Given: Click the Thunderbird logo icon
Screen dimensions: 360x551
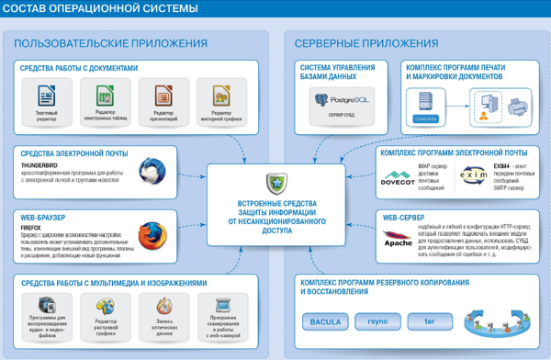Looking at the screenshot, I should click(152, 172).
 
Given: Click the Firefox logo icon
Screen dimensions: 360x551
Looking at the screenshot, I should click(152, 236).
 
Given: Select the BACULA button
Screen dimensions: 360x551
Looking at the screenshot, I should click(326, 322).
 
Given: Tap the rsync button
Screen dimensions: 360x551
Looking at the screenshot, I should click(377, 322).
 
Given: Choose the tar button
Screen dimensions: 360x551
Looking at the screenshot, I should click(428, 322).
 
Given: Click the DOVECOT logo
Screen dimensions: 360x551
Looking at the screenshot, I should click(398, 176).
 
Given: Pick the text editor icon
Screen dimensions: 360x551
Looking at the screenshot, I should click(47, 95).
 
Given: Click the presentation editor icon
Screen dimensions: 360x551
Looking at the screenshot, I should click(163, 95).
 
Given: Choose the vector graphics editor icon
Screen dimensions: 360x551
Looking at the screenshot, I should click(220, 95).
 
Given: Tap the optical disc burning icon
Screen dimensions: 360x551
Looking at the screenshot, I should click(164, 305).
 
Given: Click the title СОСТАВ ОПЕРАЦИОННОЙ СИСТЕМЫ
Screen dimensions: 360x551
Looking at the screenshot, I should click(101, 11).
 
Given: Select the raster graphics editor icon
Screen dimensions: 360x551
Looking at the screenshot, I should click(106, 305).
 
